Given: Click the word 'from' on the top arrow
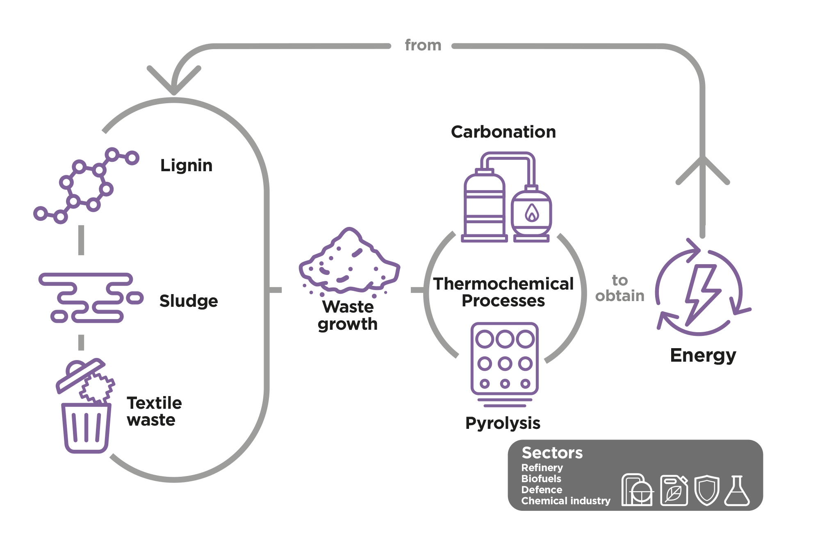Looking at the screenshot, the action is point(423,45).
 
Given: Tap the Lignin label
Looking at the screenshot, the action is point(187,165).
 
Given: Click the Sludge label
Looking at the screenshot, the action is point(189,301).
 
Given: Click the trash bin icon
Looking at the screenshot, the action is point(85,406).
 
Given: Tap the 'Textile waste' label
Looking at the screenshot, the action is point(154,411).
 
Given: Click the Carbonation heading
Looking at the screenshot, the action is point(503,132).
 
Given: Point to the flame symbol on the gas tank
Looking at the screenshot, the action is point(532,213).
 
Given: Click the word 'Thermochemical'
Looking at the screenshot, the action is point(503,283).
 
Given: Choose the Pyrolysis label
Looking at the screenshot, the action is point(503,423).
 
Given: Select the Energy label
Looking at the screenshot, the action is point(703,355).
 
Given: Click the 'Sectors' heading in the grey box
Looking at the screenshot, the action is point(552,453).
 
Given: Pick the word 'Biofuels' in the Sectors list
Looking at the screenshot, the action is point(541,479).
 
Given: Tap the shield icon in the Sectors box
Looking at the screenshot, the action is point(707,490).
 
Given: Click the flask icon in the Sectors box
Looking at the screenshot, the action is point(737,491).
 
